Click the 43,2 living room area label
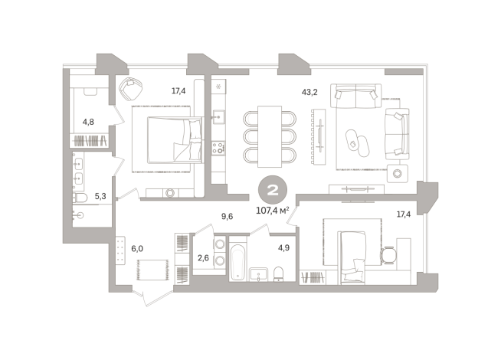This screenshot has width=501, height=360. point(309,93)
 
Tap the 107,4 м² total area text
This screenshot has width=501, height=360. point(273,211)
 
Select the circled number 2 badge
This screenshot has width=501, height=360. point(273,191)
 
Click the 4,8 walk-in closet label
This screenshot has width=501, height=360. point(88,122)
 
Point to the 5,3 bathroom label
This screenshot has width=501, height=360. point(100,196)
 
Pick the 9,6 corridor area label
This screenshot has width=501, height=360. point(228,217)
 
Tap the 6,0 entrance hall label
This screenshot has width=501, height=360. point(137,248)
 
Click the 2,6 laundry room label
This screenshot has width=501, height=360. point(203,258)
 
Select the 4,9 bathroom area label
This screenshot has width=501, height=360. point(283,247)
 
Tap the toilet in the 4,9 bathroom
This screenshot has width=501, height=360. point(279,275)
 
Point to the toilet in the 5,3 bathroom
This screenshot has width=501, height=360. point(80,198)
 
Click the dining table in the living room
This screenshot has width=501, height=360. point(270,136)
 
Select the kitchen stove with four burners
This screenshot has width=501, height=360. point(218,148)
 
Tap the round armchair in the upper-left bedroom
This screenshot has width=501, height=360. point(131,89)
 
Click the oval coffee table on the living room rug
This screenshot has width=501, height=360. point(357,142)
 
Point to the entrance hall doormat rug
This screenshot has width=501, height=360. point(152,270)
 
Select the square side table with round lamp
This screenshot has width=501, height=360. point(397,173)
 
